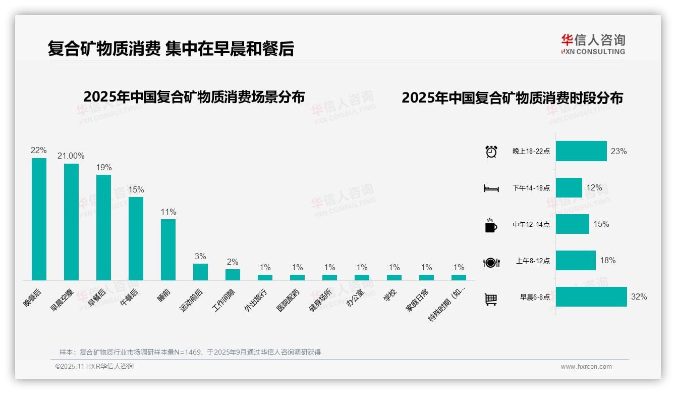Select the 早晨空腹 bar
point(71,222)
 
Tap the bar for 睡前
point(168,250)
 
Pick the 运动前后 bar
point(200,272)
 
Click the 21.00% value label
point(71,156)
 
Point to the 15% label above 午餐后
point(136,189)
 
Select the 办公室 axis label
point(357,298)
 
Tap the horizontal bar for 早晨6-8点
point(591,297)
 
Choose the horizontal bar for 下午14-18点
point(569,187)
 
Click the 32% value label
point(639,297)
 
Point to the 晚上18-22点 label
point(531,151)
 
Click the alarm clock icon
point(491,151)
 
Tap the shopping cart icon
point(491,299)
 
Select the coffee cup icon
point(491,225)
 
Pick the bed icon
point(491,188)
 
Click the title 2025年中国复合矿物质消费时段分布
point(512,98)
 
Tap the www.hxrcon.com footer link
point(586,367)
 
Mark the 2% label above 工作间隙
point(233,262)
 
